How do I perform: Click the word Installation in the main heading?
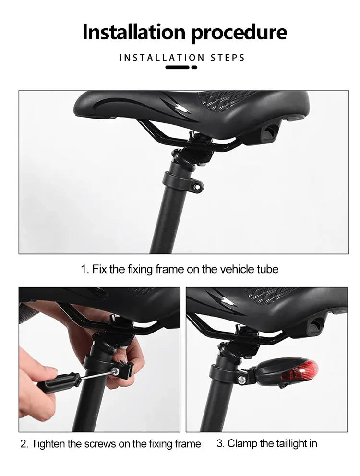[x=134, y=32]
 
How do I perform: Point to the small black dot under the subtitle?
[x=194, y=67]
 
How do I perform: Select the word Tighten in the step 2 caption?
[x=48, y=444]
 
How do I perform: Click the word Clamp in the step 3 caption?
[x=242, y=443]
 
